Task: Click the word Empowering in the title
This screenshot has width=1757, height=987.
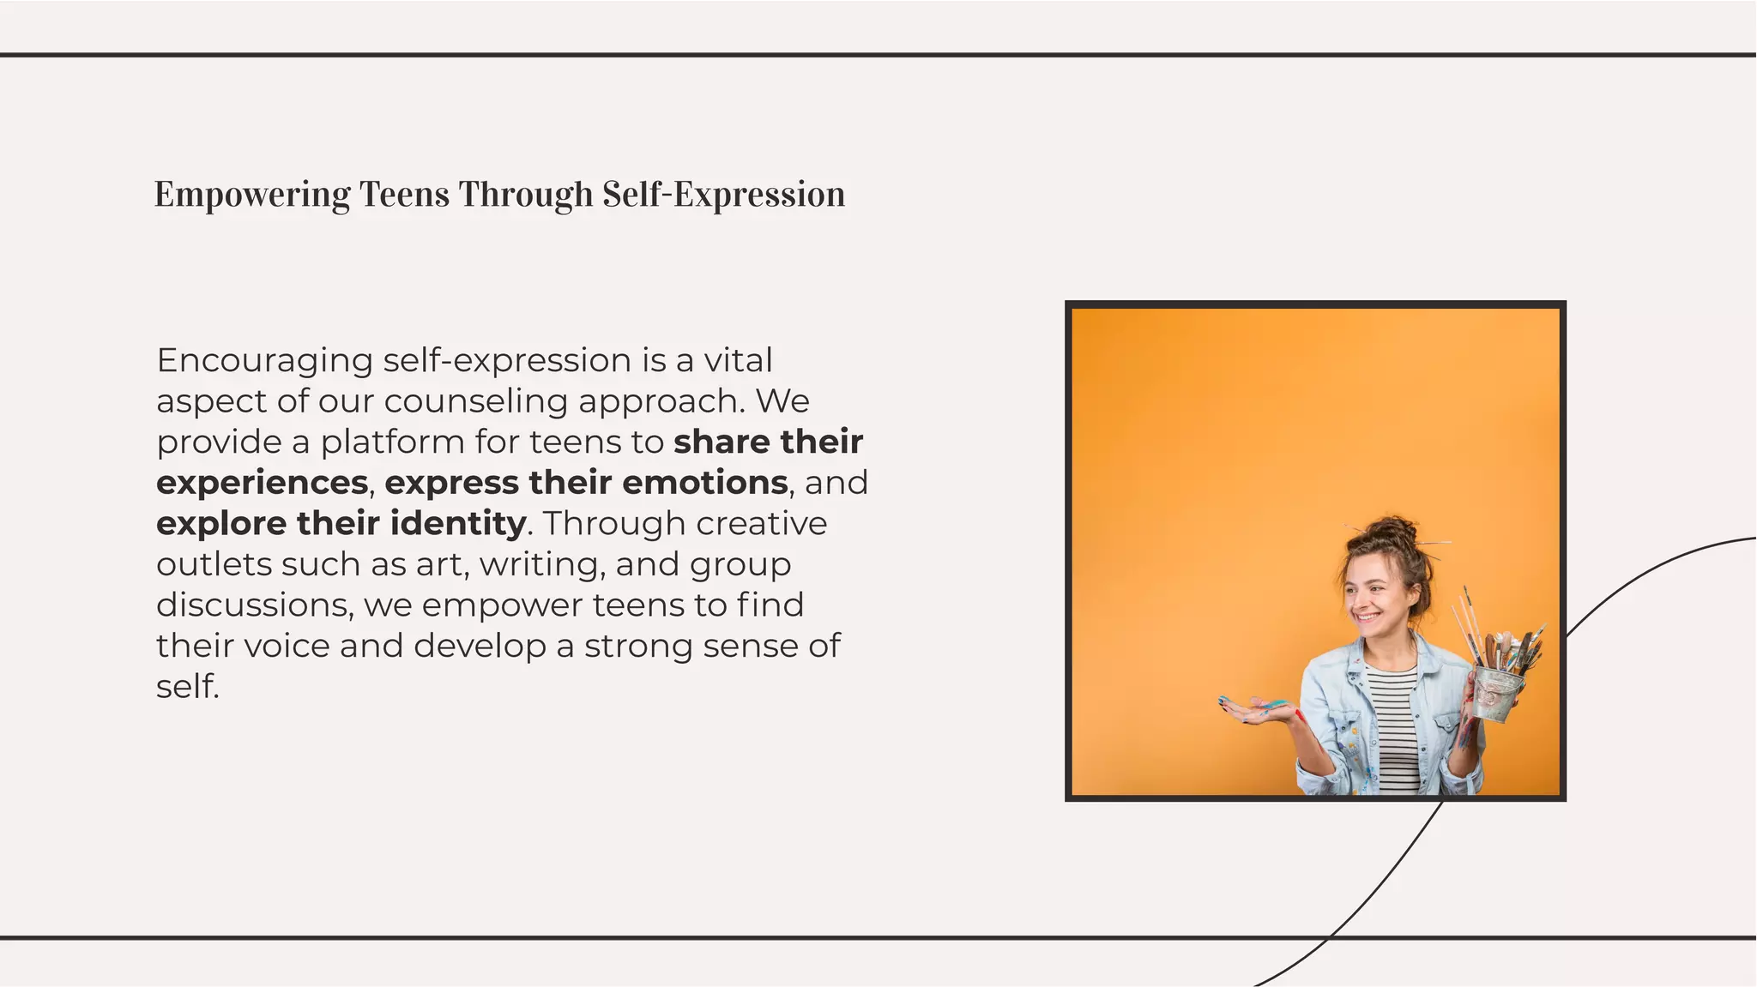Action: (x=251, y=195)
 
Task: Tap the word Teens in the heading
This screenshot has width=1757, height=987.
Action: (x=404, y=195)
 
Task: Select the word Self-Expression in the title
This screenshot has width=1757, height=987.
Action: (x=723, y=195)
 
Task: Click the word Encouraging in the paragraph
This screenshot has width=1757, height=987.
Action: (x=264, y=361)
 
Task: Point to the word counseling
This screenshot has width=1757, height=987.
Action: (x=476, y=401)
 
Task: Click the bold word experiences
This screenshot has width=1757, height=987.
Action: (x=262, y=483)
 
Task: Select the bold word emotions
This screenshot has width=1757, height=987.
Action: (x=704, y=483)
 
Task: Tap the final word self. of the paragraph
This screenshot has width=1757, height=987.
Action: (x=188, y=687)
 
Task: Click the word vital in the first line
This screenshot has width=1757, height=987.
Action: (x=738, y=361)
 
